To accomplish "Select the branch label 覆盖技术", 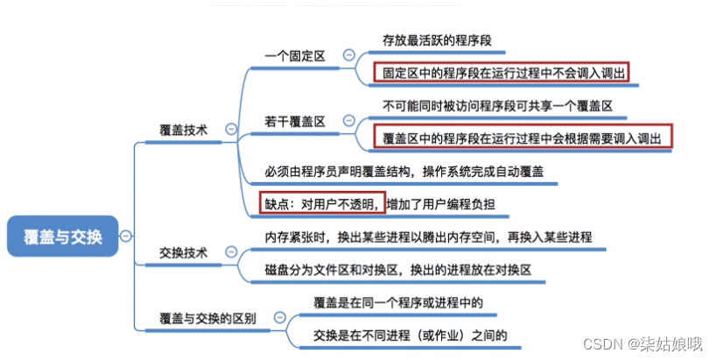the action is click(x=183, y=130).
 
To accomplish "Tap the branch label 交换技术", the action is click(x=183, y=253).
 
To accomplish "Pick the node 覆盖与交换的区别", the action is click(x=207, y=319).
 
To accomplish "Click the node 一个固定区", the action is click(x=294, y=56).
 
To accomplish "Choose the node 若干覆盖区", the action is click(x=294, y=122).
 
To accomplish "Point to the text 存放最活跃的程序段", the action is click(x=437, y=39).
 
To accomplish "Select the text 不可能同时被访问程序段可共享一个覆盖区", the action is click(x=497, y=105).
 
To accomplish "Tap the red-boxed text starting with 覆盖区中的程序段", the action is click(x=523, y=138).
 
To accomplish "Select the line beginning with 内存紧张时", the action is click(x=428, y=237).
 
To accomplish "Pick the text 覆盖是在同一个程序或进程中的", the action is click(x=398, y=302).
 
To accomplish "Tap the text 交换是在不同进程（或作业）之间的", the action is click(x=410, y=335).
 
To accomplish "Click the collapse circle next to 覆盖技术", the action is click(x=231, y=129).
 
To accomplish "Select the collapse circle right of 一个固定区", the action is click(x=348, y=55).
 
